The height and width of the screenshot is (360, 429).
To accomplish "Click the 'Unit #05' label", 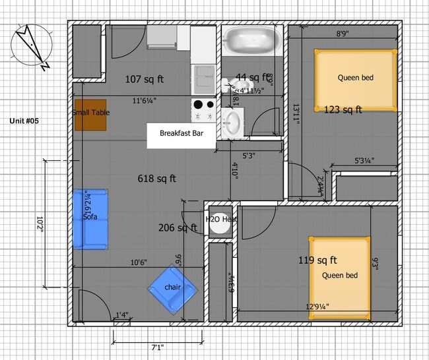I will (26, 121).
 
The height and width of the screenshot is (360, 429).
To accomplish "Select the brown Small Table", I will (91, 113).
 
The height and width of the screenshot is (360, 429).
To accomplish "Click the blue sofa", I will (90, 219).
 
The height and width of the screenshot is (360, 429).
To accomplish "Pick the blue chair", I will (172, 288).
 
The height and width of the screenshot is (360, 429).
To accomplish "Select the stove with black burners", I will (203, 108).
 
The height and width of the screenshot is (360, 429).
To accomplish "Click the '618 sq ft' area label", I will (156, 178).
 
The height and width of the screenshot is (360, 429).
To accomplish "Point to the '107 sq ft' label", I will (145, 80).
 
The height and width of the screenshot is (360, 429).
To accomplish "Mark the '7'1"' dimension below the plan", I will (156, 347).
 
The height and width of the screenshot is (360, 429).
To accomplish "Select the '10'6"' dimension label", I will (138, 262).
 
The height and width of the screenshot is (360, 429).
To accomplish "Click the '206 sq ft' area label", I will (178, 228).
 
